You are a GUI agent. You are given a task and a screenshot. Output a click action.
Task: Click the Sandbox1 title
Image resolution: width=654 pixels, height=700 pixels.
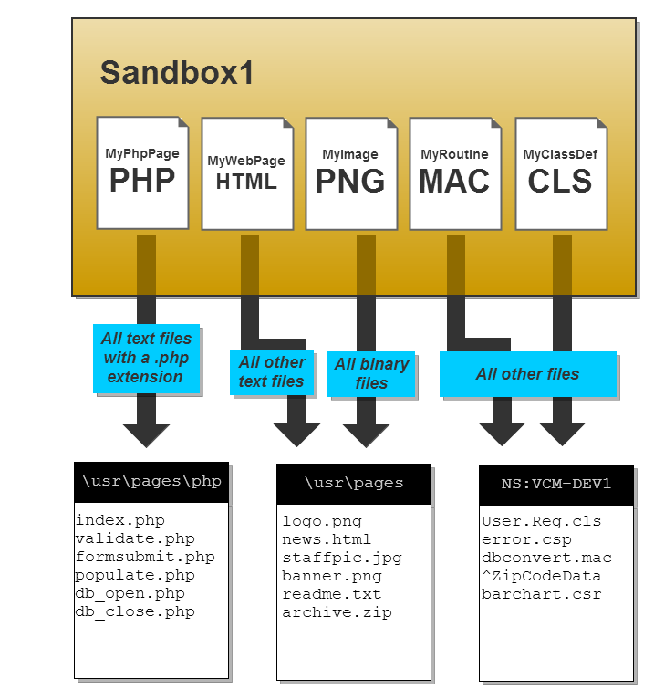177,73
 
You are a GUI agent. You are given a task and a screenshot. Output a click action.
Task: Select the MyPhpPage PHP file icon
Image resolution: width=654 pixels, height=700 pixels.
142,172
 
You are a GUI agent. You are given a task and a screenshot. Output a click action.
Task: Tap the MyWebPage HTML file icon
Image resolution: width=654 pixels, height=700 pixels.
246,172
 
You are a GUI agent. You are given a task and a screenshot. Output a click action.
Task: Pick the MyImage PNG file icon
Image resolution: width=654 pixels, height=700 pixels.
350,172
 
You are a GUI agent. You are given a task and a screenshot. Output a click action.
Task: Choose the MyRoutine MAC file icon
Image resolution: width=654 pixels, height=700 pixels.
454,172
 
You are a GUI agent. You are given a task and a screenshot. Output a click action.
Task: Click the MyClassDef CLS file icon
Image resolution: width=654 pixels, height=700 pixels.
560,172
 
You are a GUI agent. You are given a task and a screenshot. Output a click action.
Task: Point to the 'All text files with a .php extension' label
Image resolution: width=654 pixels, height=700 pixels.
146,358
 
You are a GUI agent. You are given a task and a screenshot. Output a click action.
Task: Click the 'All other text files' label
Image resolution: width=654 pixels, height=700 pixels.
271,371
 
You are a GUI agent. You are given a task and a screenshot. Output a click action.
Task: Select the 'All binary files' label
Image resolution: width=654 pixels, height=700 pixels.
371,373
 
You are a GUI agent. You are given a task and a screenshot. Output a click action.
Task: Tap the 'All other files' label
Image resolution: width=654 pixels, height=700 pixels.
527,374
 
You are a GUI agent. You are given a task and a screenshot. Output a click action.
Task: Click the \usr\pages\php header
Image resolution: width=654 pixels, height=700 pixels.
151,482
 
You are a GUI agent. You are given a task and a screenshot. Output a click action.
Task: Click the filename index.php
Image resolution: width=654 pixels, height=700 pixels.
120,521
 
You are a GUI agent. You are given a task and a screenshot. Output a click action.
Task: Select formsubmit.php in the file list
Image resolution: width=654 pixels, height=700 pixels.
145,558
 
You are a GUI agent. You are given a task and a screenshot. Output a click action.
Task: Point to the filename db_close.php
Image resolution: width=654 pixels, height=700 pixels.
135,612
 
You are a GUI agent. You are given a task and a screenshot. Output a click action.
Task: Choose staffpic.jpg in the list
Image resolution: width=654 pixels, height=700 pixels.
342,558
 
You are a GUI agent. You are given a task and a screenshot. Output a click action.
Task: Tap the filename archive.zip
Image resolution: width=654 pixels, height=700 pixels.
337,612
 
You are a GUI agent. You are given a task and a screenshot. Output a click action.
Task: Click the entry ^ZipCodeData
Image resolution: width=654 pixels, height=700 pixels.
541,576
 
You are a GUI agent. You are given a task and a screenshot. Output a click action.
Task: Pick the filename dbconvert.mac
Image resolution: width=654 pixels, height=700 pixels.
546,558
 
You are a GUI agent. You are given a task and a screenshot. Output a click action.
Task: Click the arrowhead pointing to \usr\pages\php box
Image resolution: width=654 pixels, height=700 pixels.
146,434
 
